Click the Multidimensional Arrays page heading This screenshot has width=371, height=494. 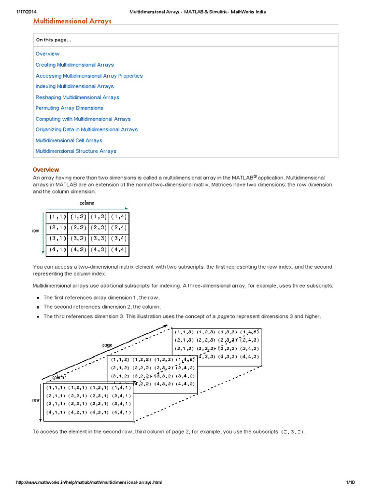(72, 21)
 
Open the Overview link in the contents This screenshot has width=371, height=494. (47, 54)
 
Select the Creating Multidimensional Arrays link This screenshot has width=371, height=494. (74, 65)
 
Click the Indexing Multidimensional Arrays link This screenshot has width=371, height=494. (74, 86)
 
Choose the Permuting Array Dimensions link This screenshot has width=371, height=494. (69, 108)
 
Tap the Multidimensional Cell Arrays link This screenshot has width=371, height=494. (69, 140)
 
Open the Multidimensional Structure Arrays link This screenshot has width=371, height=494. (76, 151)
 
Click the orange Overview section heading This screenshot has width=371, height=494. (46, 170)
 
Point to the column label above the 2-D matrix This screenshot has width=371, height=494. (87, 203)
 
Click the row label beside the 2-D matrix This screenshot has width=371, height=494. (36, 231)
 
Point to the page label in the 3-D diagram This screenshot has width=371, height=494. (107, 345)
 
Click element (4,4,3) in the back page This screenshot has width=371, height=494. (250, 357)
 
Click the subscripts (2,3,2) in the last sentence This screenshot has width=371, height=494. (293, 432)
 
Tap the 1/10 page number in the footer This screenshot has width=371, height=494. (351, 482)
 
